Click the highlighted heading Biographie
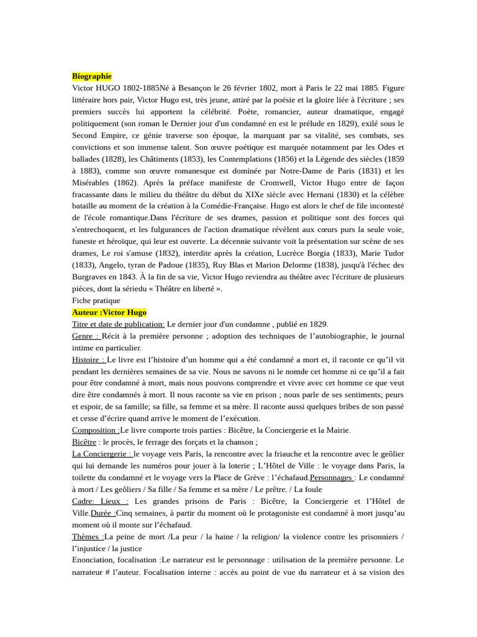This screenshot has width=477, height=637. tap(92, 76)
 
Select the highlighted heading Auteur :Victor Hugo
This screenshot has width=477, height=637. tap(109, 312)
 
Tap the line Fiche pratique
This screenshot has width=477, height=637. tap(96, 300)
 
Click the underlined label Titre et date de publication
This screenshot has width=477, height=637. tap(118, 324)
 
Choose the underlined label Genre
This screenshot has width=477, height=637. tap(85, 336)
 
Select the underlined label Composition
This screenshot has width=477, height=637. tap(96, 430)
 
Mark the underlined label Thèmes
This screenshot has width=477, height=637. tap(88, 536)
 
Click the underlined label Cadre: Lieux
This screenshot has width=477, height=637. tap(100, 501)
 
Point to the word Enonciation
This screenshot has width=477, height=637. tap(96, 560)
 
